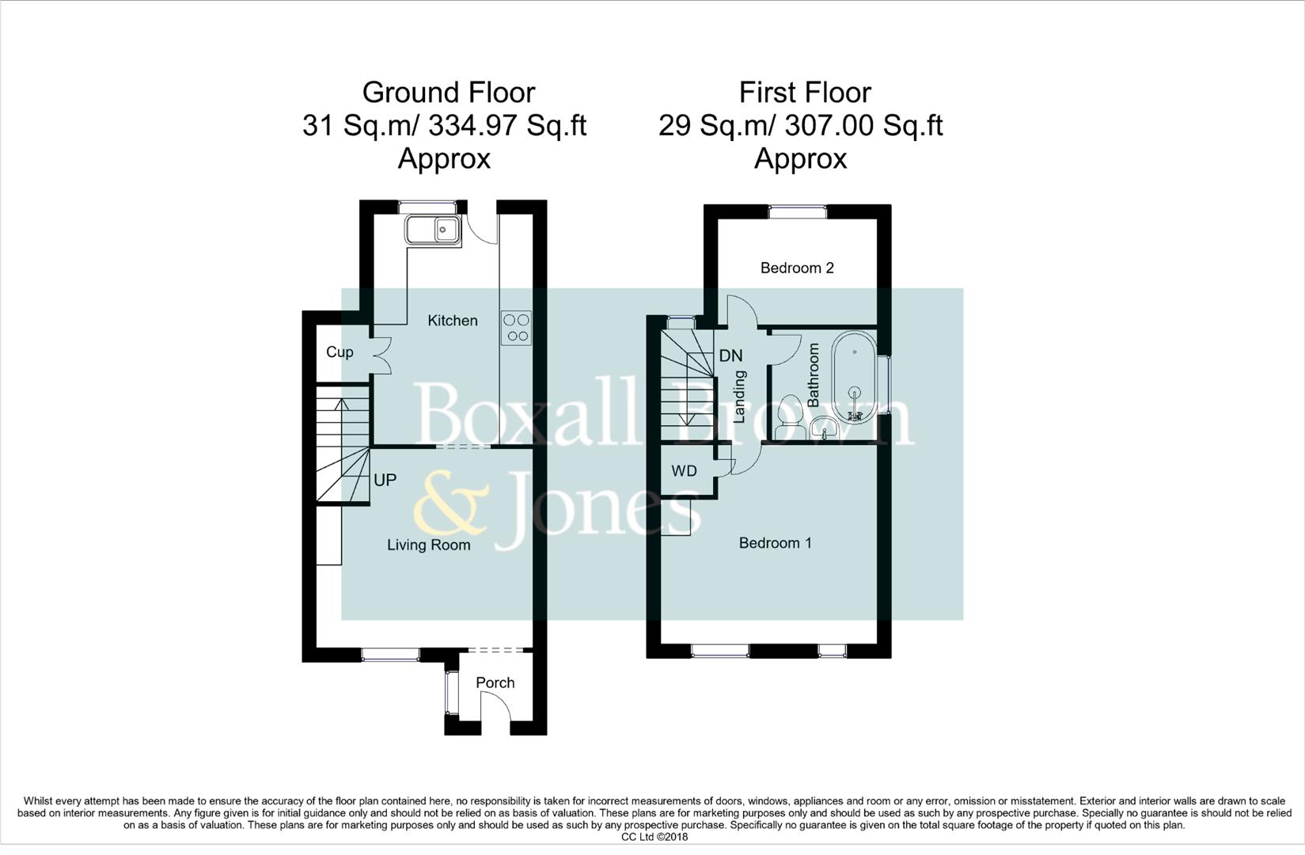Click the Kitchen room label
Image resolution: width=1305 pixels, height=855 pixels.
pyautogui.click(x=453, y=321)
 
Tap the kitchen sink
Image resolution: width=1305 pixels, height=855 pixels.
pyautogui.click(x=432, y=230)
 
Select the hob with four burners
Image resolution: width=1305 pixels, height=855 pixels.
pyautogui.click(x=517, y=328)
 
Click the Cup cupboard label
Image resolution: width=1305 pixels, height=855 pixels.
pyautogui.click(x=340, y=352)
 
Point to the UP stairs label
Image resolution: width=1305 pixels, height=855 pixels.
pyautogui.click(x=385, y=481)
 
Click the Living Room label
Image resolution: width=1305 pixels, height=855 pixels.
pyautogui.click(x=428, y=545)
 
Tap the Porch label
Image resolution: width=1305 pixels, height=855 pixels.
pyautogui.click(x=495, y=682)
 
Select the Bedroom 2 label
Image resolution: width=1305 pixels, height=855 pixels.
pyautogui.click(x=797, y=268)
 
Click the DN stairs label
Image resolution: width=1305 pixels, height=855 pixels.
pyautogui.click(x=730, y=356)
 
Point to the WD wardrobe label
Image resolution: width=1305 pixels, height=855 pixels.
pyautogui.click(x=684, y=471)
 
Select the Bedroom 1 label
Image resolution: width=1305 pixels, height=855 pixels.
pyautogui.click(x=775, y=543)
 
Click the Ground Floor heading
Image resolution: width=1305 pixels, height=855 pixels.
pyautogui.click(x=448, y=93)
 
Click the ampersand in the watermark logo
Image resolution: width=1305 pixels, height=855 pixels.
pyautogui.click(x=452, y=502)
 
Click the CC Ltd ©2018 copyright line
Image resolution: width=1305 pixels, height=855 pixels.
pyautogui.click(x=654, y=837)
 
